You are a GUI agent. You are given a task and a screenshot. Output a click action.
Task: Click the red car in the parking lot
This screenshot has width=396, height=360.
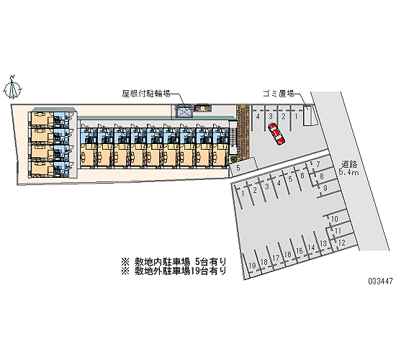[x=276, y=134]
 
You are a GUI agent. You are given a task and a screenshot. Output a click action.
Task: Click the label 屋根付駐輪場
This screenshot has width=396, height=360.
[x=146, y=94]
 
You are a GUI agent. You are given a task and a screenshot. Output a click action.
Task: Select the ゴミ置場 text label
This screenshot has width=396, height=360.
[x=279, y=94]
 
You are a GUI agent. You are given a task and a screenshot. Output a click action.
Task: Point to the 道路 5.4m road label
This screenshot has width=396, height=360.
[x=348, y=168]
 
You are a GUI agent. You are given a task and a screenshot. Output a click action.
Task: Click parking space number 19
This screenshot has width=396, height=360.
[x=252, y=265]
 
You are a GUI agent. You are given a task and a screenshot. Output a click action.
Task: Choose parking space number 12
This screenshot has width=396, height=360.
[x=341, y=243]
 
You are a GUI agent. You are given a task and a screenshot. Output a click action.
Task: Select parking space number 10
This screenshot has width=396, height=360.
[x=334, y=219]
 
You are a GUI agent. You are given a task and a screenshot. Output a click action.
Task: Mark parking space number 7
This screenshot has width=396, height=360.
[x=318, y=164]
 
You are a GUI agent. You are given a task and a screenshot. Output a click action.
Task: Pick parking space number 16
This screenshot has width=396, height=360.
[x=287, y=254]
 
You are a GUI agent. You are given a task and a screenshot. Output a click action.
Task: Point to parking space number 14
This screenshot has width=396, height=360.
[x=311, y=248]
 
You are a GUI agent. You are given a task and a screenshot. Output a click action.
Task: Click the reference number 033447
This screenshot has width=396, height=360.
[x=380, y=281]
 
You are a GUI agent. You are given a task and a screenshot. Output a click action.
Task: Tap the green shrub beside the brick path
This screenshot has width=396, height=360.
[x=233, y=159]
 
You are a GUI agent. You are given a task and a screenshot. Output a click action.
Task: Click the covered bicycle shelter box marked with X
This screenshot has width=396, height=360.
[x=184, y=112]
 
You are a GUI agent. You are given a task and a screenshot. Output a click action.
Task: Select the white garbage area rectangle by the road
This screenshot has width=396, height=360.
[x=307, y=115]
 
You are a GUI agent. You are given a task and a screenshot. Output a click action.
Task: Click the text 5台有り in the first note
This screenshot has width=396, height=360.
[x=211, y=261]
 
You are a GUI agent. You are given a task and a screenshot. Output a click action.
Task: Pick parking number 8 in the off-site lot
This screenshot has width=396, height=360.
[x=322, y=176]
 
